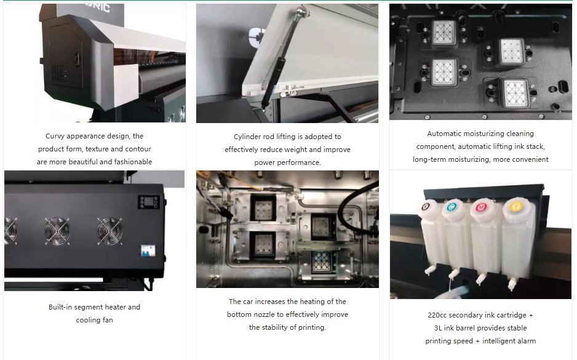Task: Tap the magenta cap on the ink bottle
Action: (481, 207)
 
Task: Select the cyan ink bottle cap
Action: (451, 207)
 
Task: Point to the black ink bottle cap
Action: (426, 206)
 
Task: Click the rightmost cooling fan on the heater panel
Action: (109, 231)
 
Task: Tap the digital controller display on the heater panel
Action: (149, 202)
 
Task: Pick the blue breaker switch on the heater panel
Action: (148, 250)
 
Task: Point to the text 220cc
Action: (437, 315)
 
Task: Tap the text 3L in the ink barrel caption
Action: (438, 328)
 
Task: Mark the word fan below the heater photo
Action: (108, 320)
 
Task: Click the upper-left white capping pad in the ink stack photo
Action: (444, 33)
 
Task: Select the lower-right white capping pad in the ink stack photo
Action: (516, 93)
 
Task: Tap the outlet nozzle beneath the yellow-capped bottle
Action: (512, 284)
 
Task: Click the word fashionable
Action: (133, 162)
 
